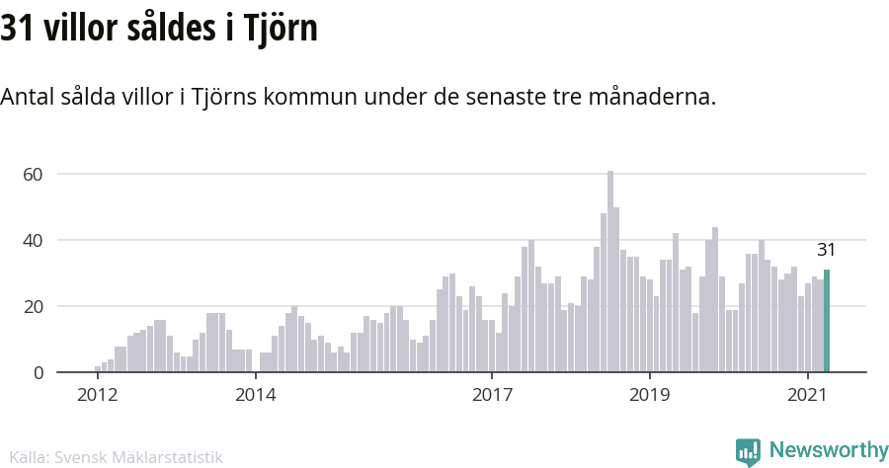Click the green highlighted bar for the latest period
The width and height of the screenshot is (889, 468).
827,321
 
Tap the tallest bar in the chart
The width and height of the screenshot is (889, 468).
610,272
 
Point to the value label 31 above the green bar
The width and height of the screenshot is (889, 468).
826,250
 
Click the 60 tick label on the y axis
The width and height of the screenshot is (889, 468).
35,175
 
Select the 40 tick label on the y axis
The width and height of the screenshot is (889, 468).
35,241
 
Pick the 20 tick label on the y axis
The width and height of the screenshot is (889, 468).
35,307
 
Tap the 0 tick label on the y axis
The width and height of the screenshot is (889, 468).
39,373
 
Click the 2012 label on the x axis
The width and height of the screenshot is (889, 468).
97,396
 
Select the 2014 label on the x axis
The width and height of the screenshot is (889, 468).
255,396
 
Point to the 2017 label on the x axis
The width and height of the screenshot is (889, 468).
491,396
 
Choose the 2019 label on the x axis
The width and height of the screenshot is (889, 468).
649,396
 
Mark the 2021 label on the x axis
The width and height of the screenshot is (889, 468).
807,396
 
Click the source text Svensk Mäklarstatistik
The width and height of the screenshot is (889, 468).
139,457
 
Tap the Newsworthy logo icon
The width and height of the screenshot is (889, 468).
748,452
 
